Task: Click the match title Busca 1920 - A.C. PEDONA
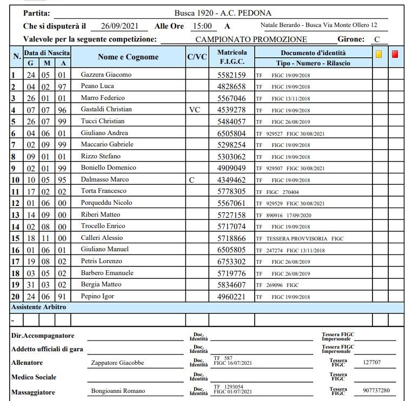pos(223,13)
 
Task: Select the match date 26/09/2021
pos(119,26)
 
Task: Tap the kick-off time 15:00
pos(202,26)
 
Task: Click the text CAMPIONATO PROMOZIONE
pos(251,39)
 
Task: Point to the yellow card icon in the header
pos(378,54)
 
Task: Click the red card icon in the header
pos(395,54)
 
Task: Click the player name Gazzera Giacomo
pos(105,75)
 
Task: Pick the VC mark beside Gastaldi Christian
pos(195,110)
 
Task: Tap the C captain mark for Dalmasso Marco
pos(191,180)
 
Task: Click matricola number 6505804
pos(231,133)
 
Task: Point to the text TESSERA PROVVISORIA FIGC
pos(300,238)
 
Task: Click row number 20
pos(16,297)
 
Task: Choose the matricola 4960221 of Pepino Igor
pos(231,297)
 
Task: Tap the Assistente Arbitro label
pos(39,307)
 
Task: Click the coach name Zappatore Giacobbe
pos(117,363)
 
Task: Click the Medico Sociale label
pos(34,377)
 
